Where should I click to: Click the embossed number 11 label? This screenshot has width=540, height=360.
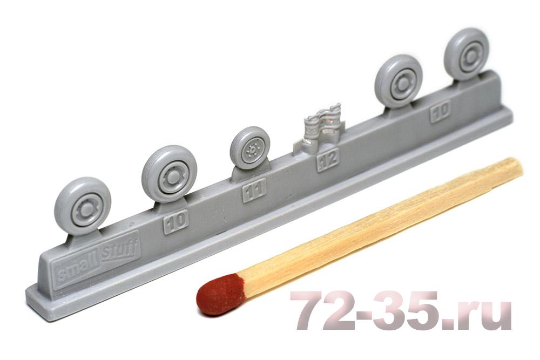(x=254, y=190)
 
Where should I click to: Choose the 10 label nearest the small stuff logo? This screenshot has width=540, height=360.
(x=176, y=221)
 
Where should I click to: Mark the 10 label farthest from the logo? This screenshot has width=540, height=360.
(x=441, y=111)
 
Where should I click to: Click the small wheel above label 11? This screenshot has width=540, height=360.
(x=250, y=148)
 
